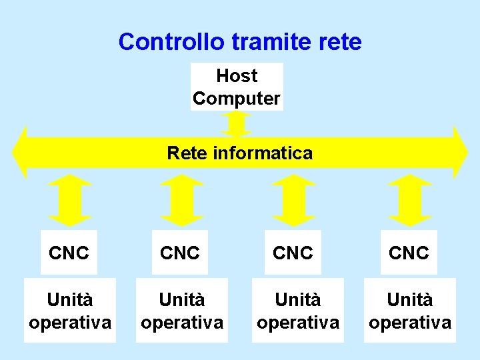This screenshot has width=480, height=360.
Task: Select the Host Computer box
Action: pyautogui.click(x=237, y=87)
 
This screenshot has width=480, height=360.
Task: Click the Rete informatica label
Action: pyautogui.click(x=239, y=153)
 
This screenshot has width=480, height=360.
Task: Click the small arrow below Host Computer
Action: pyautogui.click(x=237, y=123)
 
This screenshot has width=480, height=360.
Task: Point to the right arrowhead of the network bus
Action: pyautogui.click(x=460, y=152)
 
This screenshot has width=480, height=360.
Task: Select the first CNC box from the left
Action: pyautogui.click(x=69, y=253)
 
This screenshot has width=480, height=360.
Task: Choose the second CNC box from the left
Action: pyautogui.click(x=181, y=253)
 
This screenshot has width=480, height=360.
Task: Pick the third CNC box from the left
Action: pyautogui.click(x=293, y=253)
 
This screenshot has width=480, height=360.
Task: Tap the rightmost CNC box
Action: pyautogui.click(x=409, y=253)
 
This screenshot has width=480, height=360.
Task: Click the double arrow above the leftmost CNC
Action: pyautogui.click(x=71, y=200)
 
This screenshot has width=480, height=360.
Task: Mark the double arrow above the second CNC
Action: pyautogui.click(x=182, y=200)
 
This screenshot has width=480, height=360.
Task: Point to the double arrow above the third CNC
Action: pyautogui.click(x=294, y=200)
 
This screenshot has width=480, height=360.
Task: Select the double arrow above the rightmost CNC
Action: pyautogui.click(x=411, y=200)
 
